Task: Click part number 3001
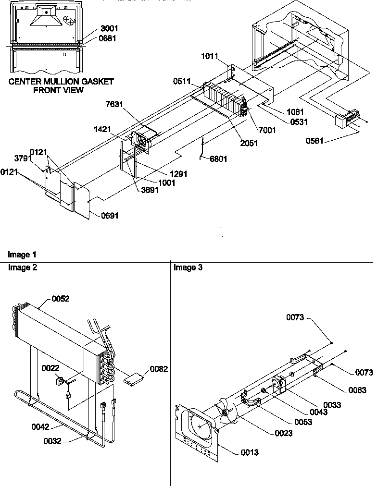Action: click(x=109, y=29)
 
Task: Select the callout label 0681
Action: click(x=109, y=38)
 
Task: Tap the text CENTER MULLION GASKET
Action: click(x=61, y=82)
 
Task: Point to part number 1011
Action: click(x=209, y=57)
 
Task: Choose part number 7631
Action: click(x=115, y=104)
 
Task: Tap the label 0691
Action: click(x=110, y=216)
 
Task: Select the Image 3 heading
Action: click(x=188, y=267)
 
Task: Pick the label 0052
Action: click(x=61, y=299)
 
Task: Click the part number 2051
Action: click(x=249, y=143)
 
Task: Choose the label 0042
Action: click(x=41, y=425)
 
